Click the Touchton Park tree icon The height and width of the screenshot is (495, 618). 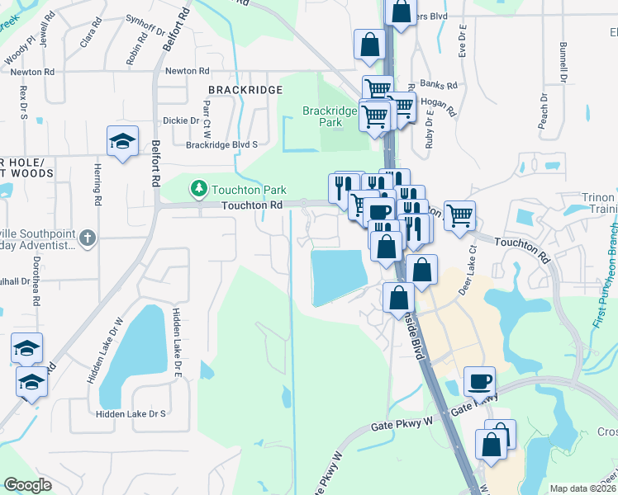(x=198, y=190)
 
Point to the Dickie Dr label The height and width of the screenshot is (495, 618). (x=181, y=120)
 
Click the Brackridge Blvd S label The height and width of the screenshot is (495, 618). (x=222, y=144)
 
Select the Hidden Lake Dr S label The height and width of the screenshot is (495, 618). (x=131, y=413)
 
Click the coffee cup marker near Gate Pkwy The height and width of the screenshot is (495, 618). (x=480, y=381)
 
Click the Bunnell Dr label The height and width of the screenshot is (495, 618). (x=563, y=63)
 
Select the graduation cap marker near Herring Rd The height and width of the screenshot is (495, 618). (x=122, y=141)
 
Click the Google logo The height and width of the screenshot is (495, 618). (x=27, y=485)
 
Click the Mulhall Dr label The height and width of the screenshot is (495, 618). (x=15, y=280)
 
